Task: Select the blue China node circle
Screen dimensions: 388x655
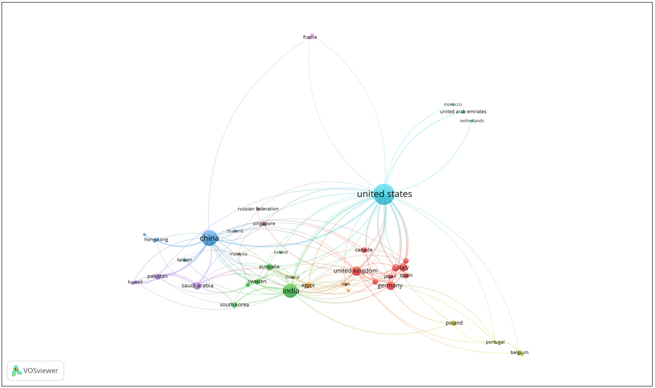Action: [x=209, y=238]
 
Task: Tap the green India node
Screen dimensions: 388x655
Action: [x=290, y=291]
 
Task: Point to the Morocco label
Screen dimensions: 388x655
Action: [x=453, y=104]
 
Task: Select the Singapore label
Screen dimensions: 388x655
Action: [x=264, y=223]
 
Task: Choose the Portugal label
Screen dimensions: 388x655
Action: [x=495, y=342]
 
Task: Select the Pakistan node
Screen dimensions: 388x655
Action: [x=158, y=277]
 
